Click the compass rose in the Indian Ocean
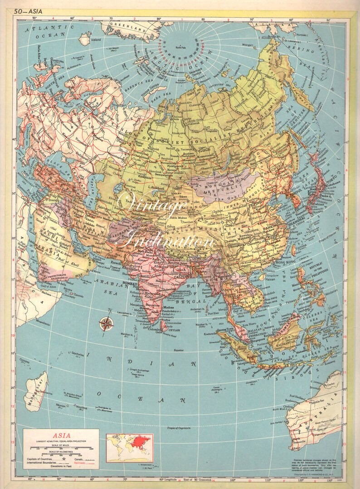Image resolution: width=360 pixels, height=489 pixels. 107,323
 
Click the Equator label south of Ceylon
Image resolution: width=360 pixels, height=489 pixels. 180,350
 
